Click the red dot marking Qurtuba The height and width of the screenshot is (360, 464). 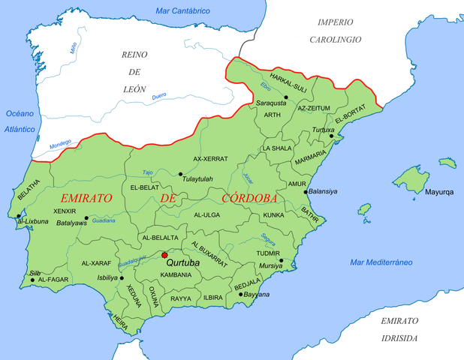pos(164,255)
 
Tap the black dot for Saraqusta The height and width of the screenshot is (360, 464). pos(285,97)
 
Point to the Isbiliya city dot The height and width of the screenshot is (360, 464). pos(122,277)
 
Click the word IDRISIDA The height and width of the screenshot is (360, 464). pos(399,338)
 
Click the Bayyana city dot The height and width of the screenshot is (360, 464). pos(240,295)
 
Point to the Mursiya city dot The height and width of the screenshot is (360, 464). pos(281,261)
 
